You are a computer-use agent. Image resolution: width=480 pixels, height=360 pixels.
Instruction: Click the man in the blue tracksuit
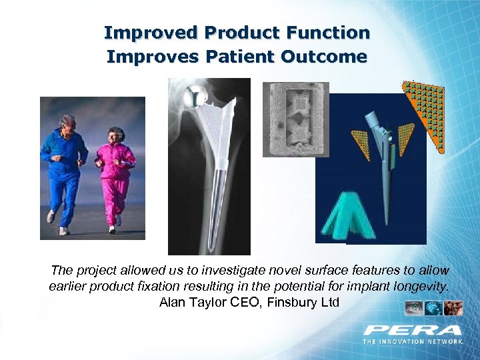tap(65, 167)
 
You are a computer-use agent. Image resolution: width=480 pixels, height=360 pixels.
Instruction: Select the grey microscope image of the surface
tap(295, 119)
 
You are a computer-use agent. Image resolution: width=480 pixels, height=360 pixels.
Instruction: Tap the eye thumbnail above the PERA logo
tap(413, 308)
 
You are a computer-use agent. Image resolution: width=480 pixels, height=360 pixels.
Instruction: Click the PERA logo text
tap(413, 330)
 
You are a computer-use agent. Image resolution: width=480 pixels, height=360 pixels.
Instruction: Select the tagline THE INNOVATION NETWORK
tap(413, 341)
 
